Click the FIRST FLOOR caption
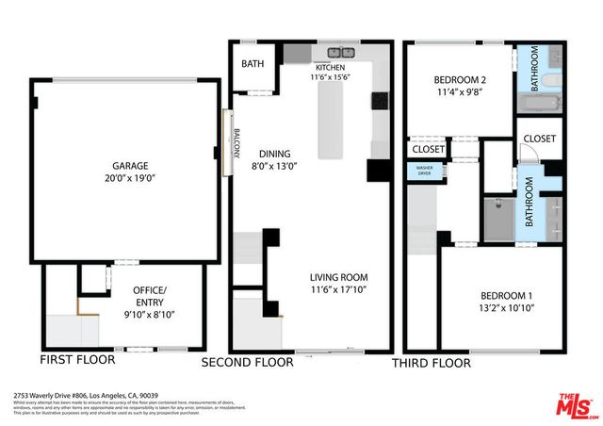tap(77, 360)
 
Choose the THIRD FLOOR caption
tap(431, 361)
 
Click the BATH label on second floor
tap(253, 64)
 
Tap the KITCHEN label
tap(330, 68)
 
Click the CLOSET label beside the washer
tap(428, 149)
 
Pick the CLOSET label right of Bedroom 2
tap(539, 139)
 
